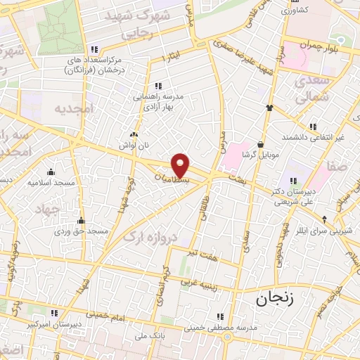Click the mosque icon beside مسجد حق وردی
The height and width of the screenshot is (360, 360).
click(82, 220)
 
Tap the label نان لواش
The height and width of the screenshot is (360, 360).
click(134, 143)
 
